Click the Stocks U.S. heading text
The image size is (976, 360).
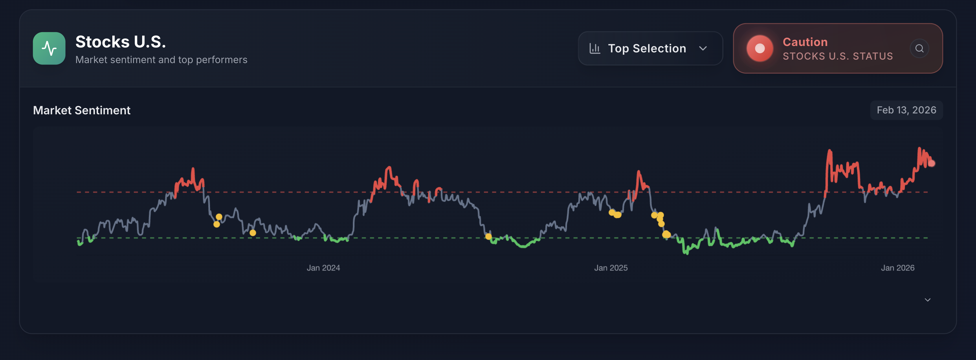(120, 42)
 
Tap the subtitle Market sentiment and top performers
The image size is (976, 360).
(161, 60)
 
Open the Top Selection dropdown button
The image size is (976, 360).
(650, 49)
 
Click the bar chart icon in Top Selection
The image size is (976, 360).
(595, 49)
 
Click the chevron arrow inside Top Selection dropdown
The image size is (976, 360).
(703, 49)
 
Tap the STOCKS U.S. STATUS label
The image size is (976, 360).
(837, 56)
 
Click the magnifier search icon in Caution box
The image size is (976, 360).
(919, 49)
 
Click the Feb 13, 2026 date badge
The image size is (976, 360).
(906, 110)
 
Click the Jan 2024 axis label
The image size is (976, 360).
(323, 268)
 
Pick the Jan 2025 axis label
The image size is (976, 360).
(611, 268)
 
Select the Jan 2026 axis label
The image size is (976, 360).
(897, 268)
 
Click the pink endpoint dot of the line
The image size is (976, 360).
(931, 163)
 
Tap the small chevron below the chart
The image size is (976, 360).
(927, 300)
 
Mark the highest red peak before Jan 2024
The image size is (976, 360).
(193, 169)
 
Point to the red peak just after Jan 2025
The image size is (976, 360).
(639, 172)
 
